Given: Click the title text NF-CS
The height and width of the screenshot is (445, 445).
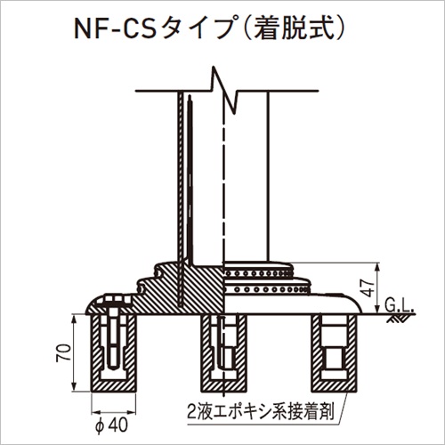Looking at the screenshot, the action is click(115, 29).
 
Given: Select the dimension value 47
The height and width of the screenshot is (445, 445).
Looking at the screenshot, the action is click(369, 287).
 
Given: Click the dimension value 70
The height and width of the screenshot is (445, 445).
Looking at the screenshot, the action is click(66, 352).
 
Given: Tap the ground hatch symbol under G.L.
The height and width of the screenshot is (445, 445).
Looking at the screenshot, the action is click(397, 319).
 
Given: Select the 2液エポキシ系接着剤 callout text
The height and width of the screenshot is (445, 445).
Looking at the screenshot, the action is click(260, 412).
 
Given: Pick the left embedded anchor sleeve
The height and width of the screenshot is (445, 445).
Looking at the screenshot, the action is click(114, 353).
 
